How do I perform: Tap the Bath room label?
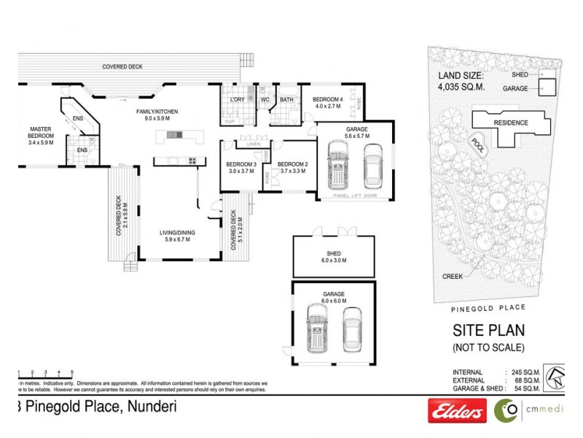click(x=286, y=100)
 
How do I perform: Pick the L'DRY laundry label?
click(x=236, y=100)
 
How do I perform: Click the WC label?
click(x=265, y=100)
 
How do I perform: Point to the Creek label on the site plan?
click(x=453, y=277)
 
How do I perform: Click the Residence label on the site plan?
click(x=511, y=123)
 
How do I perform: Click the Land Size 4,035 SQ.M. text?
click(x=464, y=80)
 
